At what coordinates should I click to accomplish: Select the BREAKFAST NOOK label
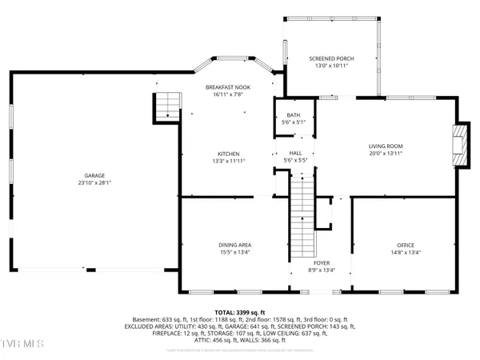[229, 87]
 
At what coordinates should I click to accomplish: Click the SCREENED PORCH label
[331, 59]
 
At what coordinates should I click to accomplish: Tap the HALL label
[294, 154]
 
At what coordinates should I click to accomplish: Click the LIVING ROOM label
[386, 146]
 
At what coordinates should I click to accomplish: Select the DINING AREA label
[235, 245]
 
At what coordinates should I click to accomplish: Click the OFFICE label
[406, 245]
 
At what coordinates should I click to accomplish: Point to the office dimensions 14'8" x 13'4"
[406, 252]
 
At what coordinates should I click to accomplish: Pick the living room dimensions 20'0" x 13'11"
[386, 154]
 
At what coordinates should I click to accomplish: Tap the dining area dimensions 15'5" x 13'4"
[235, 252]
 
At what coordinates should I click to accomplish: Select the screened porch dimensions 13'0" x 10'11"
[331, 66]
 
